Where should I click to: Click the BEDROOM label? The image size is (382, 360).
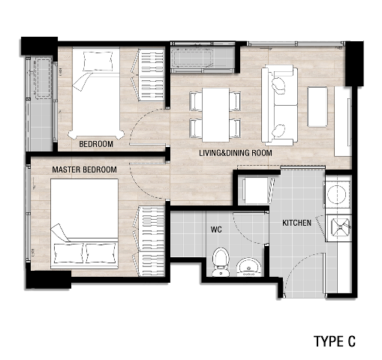[x=96, y=144]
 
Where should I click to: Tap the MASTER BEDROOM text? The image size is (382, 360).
[x=84, y=169]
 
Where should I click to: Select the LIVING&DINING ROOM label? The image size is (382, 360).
[x=236, y=153]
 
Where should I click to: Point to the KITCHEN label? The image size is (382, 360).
[x=296, y=223]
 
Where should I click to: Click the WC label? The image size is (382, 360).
[x=216, y=229]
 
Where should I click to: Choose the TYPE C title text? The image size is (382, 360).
[x=335, y=341]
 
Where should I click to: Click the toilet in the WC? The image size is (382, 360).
[x=221, y=262]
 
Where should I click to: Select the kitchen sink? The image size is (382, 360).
[x=340, y=227]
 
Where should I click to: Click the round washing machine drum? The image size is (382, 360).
[x=337, y=194]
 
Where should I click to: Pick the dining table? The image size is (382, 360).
[x=215, y=115]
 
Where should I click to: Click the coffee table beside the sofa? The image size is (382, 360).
[x=317, y=106]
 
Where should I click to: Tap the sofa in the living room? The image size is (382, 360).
[x=280, y=105]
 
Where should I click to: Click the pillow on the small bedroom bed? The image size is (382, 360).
[x=98, y=61]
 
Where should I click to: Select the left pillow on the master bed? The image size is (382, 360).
[x=69, y=253]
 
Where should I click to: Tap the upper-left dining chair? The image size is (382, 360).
[x=196, y=101]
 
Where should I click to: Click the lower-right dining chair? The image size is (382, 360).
[x=235, y=128]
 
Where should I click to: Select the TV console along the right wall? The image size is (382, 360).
[x=343, y=121]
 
